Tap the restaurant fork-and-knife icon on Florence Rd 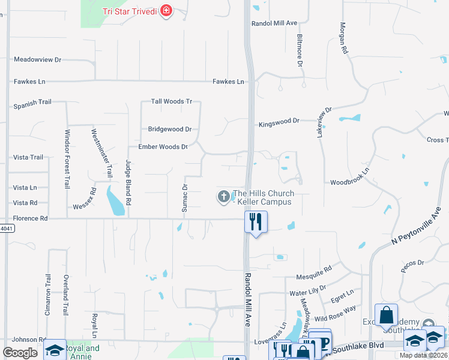pos(256,221)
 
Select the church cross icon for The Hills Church pos(223,196)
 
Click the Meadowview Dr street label pos(38,60)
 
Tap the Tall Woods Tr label pos(171,101)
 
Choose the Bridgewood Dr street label pos(169,129)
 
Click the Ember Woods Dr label pos(163,146)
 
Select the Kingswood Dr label pos(279,122)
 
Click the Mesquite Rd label pos(314,277)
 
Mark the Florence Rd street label pos(30,218)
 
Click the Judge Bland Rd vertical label pos(128,179)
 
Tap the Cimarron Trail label pos(48,294)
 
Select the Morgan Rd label pos(344,38)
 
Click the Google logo pos(20,353)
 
